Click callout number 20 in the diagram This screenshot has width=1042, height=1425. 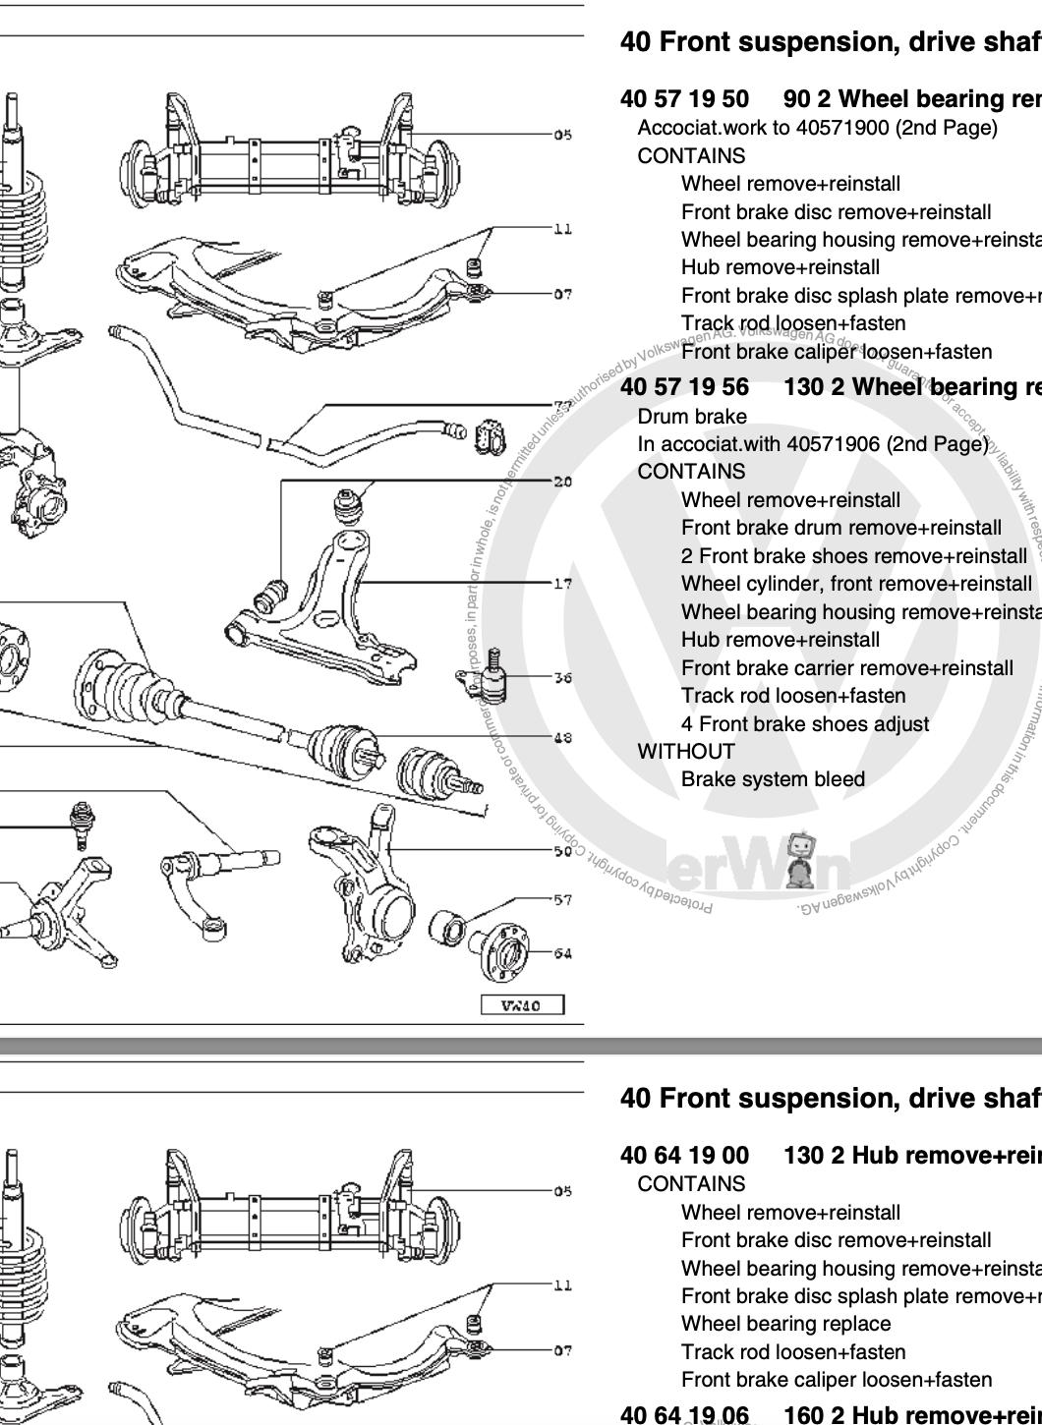(x=562, y=482)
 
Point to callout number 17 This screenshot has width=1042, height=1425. (x=562, y=584)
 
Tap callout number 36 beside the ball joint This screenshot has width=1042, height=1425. (x=562, y=677)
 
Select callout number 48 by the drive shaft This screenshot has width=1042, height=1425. (x=562, y=738)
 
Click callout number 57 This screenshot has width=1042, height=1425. (x=562, y=899)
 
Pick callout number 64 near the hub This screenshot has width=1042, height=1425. (x=562, y=953)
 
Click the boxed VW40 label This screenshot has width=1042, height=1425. (x=522, y=1005)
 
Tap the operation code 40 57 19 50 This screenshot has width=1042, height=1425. (x=684, y=99)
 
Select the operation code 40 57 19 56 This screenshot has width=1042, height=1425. (x=684, y=387)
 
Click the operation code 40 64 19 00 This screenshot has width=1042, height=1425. (x=684, y=1156)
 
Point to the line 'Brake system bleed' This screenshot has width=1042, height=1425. (x=773, y=779)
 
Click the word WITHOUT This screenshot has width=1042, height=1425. (x=686, y=752)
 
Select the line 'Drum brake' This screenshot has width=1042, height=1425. (x=692, y=417)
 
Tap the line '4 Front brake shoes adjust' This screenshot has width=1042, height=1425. (x=805, y=724)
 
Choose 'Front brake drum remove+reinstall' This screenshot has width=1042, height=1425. (x=841, y=528)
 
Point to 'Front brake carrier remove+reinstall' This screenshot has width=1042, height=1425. (x=846, y=668)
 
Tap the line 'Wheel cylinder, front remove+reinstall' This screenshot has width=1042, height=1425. (x=856, y=584)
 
